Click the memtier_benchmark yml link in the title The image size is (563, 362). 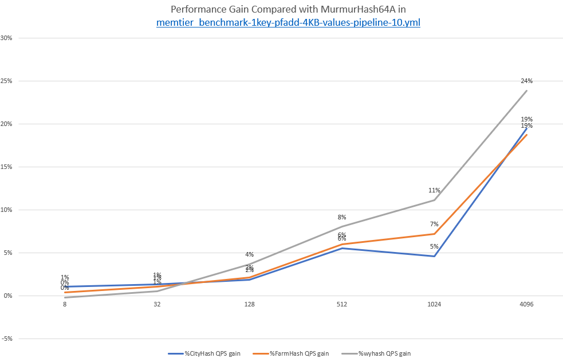289,22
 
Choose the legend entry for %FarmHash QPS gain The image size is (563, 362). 296,353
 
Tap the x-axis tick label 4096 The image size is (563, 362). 526,305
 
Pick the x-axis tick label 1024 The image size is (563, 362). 434,305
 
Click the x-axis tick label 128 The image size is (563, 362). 249,305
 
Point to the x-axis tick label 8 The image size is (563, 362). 65,305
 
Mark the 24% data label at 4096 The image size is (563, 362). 526,81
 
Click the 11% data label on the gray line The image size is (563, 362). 434,190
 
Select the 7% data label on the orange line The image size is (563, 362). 434,224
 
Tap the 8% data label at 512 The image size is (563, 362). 342,217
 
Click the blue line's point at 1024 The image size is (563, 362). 434,256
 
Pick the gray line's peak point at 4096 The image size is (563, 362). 526,91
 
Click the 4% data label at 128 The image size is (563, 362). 249,254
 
